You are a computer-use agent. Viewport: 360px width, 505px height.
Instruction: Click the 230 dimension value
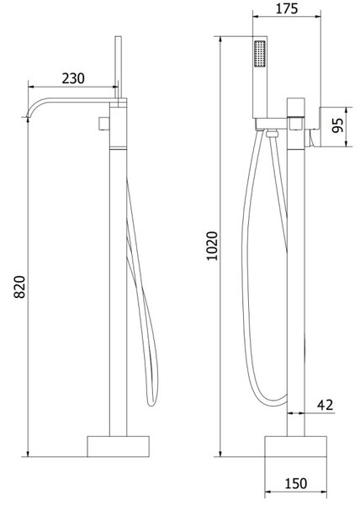click(73, 78)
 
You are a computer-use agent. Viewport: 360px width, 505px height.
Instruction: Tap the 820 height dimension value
click(19, 287)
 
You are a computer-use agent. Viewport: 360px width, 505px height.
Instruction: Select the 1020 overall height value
click(212, 246)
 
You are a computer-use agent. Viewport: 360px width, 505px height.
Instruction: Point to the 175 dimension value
click(287, 8)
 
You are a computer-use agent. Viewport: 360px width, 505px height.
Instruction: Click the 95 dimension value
click(338, 125)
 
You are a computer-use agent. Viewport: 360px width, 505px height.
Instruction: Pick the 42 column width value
click(326, 405)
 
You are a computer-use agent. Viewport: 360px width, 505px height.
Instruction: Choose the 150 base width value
click(296, 483)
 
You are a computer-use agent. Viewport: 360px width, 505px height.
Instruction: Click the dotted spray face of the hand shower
click(260, 54)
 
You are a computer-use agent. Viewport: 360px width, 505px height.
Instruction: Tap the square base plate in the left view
click(118, 446)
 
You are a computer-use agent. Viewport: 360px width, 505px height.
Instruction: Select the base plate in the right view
click(296, 446)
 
